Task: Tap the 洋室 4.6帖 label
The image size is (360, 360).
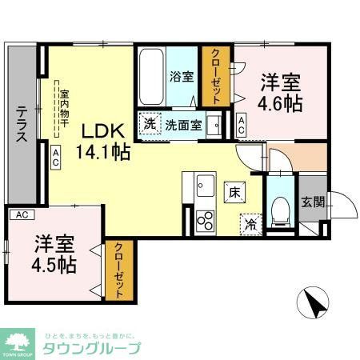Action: pos(281,93)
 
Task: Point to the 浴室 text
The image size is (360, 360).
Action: pos(182,77)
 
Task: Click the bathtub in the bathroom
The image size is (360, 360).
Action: pos(151,76)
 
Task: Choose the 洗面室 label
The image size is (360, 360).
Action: pos(182,125)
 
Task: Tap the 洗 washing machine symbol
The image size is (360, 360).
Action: pos(150,124)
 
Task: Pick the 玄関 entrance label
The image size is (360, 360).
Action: pos(312,202)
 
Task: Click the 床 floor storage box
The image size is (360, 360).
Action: pos(234,192)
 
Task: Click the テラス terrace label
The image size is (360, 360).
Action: pos(22,124)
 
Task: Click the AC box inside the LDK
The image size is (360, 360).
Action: pos(56,158)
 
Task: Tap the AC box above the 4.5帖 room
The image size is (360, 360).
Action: pos(22,214)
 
